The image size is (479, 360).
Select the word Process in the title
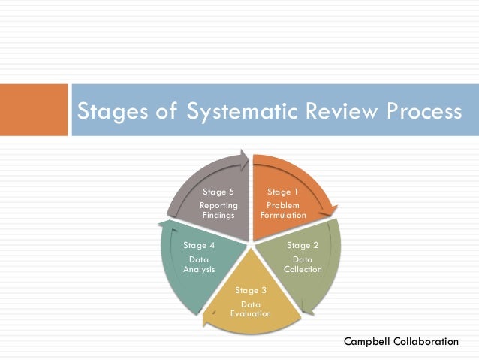click(420, 112)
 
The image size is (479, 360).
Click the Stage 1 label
click(283, 192)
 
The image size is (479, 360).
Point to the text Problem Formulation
click(283, 210)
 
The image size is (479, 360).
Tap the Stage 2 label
click(303, 245)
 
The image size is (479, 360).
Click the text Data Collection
click(303, 265)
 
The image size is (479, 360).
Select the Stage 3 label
click(251, 290)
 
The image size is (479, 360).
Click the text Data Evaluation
click(251, 309)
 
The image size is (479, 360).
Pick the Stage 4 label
click(199, 245)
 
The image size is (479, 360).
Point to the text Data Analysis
click(199, 264)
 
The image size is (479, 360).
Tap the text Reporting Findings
click(219, 210)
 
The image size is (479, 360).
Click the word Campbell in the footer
click(367, 341)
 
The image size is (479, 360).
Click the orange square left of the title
click(34, 110)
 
